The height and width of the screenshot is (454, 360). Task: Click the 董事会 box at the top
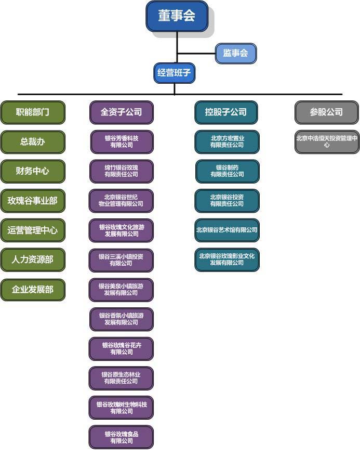[x=177, y=16]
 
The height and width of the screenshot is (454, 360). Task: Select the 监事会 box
[x=235, y=53]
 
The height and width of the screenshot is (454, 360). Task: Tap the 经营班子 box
[x=175, y=73]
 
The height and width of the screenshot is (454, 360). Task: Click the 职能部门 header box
[x=33, y=112]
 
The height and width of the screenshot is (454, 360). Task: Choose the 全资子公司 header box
[x=121, y=112]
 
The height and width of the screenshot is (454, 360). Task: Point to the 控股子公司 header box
[x=226, y=112]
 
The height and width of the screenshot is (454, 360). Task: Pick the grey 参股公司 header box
[x=326, y=112]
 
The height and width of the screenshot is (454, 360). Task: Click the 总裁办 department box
[x=33, y=142]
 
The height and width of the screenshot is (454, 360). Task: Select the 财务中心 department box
[x=33, y=171]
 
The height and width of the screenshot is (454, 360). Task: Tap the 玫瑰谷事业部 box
[x=33, y=201]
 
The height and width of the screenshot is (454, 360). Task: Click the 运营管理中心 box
[x=33, y=230]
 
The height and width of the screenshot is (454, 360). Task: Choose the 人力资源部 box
[x=33, y=260]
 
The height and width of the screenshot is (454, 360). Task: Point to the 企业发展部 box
[x=33, y=289]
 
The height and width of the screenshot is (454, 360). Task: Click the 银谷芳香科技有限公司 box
[x=122, y=142]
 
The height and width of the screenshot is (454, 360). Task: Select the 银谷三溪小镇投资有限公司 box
[x=121, y=260]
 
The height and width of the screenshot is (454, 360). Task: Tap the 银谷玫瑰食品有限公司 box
[x=121, y=437]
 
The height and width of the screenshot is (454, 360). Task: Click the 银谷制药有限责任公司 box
[x=227, y=171]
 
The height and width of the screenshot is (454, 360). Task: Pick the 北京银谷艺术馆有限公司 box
[x=227, y=230]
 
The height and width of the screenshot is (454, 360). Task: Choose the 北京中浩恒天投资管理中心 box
[x=327, y=142]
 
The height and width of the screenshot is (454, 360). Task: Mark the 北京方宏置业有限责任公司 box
[x=227, y=142]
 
